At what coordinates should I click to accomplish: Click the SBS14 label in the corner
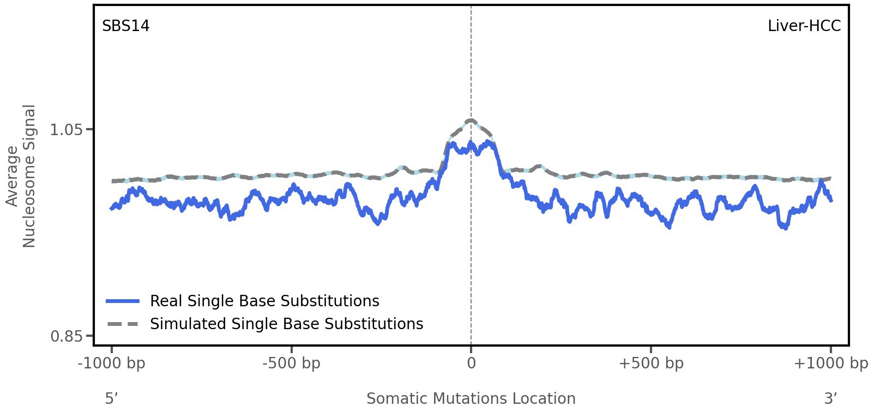click(126, 26)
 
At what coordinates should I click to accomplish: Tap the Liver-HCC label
click(804, 26)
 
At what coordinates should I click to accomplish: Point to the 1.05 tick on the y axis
click(66, 130)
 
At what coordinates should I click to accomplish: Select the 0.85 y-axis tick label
click(66, 336)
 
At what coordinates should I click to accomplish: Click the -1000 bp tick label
click(112, 363)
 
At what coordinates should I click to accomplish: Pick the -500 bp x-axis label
click(291, 363)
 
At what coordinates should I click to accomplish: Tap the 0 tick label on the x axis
click(471, 363)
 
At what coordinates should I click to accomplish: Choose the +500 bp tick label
click(650, 363)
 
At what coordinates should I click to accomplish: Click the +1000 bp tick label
click(830, 363)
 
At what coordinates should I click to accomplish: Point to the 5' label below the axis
click(112, 398)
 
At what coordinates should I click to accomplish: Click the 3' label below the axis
click(830, 398)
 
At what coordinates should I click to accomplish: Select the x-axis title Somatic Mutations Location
click(471, 398)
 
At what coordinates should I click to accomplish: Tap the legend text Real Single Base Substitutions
click(264, 301)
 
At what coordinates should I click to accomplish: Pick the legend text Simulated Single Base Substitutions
click(286, 324)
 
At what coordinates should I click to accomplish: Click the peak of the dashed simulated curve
click(471, 120)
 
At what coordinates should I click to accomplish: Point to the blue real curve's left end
click(112, 208)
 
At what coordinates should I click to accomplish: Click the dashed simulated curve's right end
click(830, 178)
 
